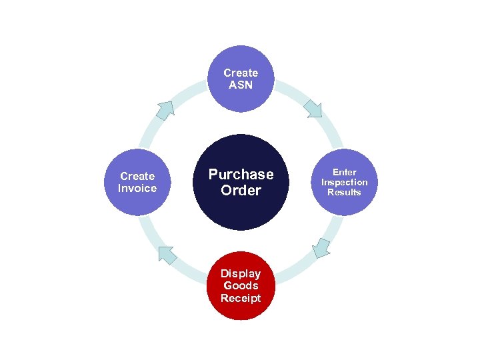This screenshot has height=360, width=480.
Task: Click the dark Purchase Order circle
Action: pyautogui.click(x=241, y=182)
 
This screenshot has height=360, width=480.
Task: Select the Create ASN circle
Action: pyautogui.click(x=241, y=79)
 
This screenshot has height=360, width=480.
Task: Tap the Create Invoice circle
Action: pyautogui.click(x=137, y=182)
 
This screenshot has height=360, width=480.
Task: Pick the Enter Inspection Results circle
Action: pyautogui.click(x=344, y=182)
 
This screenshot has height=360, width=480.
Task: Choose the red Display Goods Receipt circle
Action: pyautogui.click(x=241, y=285)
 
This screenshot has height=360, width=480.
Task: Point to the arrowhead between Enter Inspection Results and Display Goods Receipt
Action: pyautogui.click(x=321, y=247)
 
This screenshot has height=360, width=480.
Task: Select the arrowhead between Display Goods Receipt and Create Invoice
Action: pyautogui.click(x=167, y=255)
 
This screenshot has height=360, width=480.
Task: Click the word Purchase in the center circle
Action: pyautogui.click(x=241, y=174)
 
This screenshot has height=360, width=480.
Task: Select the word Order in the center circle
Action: pyautogui.click(x=241, y=191)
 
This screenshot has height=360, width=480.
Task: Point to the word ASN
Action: pyautogui.click(x=241, y=85)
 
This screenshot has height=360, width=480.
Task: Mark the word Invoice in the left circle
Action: pyautogui.click(x=137, y=188)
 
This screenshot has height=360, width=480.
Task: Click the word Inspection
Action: pyautogui.click(x=344, y=182)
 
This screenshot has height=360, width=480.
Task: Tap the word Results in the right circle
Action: pyautogui.click(x=344, y=192)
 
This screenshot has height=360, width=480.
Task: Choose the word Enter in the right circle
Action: pyautogui.click(x=344, y=172)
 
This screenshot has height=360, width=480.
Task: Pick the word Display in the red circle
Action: pyautogui.click(x=241, y=273)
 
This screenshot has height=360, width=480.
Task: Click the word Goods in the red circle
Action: pyautogui.click(x=241, y=285)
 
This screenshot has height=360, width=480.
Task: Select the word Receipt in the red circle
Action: pyautogui.click(x=241, y=297)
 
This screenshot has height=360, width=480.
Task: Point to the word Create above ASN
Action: pyautogui.click(x=241, y=73)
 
